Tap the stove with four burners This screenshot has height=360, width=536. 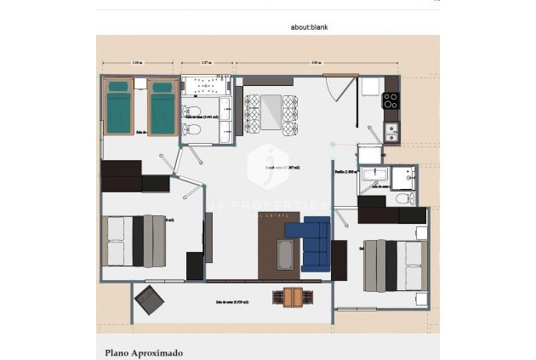391,101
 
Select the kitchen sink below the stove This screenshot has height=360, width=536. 391,130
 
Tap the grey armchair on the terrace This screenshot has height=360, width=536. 150,299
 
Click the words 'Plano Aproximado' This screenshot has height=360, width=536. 144,351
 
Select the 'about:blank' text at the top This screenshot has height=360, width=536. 309,27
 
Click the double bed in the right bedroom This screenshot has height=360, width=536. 394,265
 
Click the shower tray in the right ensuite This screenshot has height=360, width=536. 373,175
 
